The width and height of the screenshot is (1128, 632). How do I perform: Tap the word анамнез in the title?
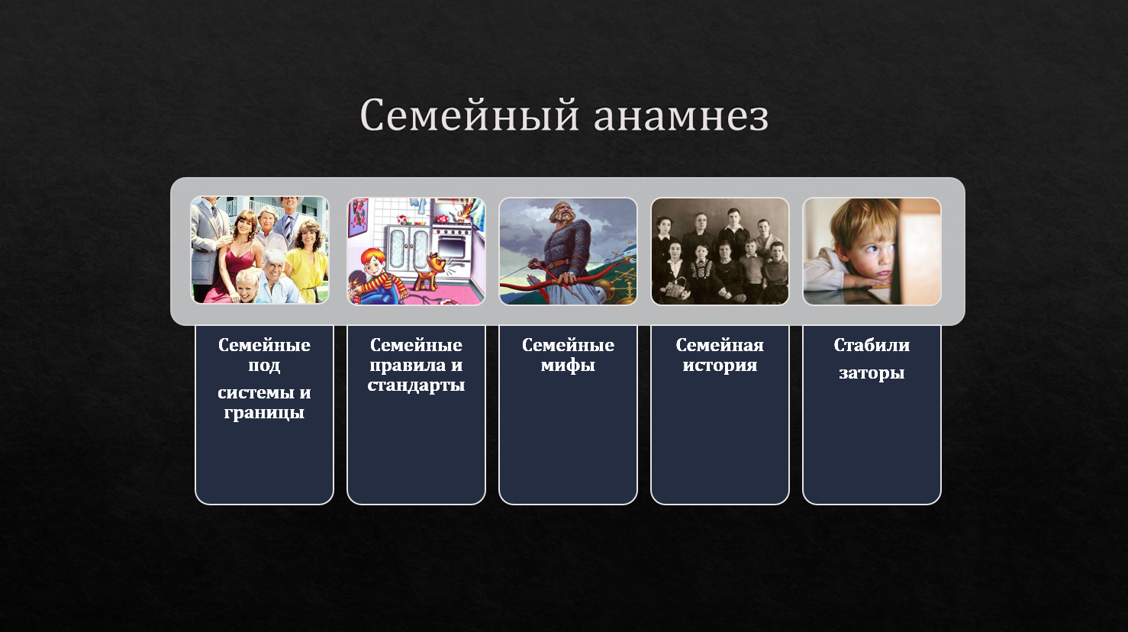click(681, 117)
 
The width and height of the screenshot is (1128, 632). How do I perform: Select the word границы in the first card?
click(264, 413)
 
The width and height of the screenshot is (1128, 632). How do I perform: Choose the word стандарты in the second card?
click(416, 385)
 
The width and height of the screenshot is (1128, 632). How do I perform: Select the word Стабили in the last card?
click(871, 345)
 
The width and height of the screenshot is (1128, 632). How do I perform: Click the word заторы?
click(871, 374)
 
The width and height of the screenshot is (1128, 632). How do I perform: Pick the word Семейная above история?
click(720, 345)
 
